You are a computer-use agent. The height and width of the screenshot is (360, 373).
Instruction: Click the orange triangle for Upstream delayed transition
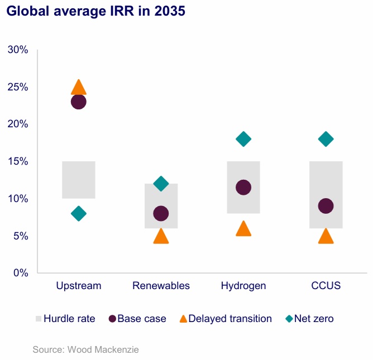point(79,88)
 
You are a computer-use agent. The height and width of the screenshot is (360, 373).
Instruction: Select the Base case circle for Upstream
point(79,102)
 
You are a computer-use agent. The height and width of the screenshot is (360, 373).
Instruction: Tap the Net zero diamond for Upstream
point(79,213)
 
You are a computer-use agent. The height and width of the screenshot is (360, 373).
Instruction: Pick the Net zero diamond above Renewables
point(161,184)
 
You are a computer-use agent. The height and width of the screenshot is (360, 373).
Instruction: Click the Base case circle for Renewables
point(161,213)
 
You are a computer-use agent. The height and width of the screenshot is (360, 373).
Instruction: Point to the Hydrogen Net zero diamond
point(243,139)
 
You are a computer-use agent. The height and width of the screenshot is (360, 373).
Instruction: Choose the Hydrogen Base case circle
point(243,188)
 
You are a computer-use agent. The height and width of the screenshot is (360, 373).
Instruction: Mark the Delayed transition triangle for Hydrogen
point(243,229)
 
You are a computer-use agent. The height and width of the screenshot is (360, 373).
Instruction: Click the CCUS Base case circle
point(326,206)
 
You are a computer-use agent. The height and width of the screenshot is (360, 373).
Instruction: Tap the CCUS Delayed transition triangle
point(326,237)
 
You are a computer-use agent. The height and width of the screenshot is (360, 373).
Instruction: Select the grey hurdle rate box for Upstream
point(79,180)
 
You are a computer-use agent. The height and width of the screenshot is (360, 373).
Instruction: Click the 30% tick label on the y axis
point(18,50)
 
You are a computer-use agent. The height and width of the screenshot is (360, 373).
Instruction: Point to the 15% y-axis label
point(18,161)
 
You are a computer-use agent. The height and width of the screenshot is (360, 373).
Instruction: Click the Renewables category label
point(161,286)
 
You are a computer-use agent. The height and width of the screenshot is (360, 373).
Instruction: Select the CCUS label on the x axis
point(326,286)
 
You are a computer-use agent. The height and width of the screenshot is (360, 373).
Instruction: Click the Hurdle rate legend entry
point(65,319)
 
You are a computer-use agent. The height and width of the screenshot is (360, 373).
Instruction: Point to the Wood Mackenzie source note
point(85,350)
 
